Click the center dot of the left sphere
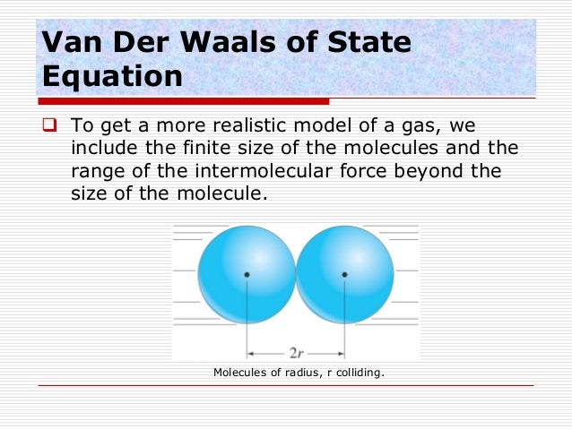pyautogui.click(x=247, y=274)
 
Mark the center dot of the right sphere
pyautogui.click(x=344, y=274)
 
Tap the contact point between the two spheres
pyautogui.click(x=296, y=274)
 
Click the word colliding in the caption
pyautogui.click(x=357, y=372)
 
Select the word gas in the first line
pyautogui.click(x=420, y=125)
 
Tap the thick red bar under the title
pyautogui.click(x=184, y=100)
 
